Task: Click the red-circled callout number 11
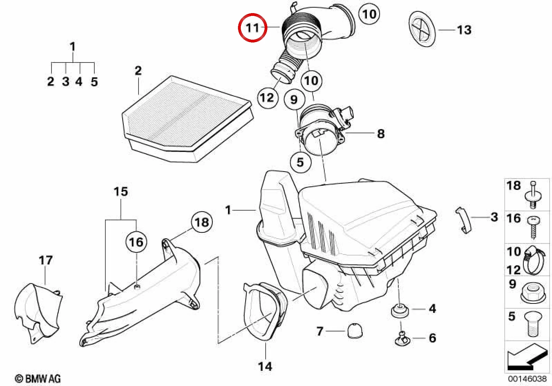pos(253,28)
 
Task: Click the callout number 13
pos(464,30)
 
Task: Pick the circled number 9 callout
pos(294,99)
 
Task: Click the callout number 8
pos(381,134)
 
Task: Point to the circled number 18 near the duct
pos(202,222)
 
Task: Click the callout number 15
pos(121,192)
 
